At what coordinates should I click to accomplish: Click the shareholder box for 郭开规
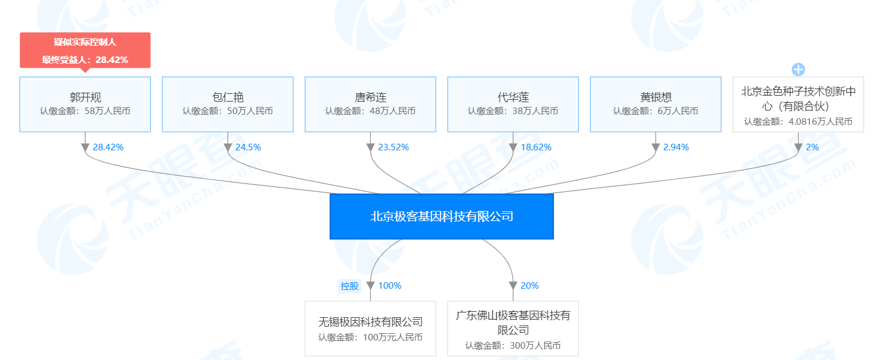[x=85, y=105]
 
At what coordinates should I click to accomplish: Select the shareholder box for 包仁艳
[x=228, y=105]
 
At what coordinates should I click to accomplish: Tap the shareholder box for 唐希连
[x=370, y=105]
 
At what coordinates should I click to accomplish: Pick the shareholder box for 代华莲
[x=513, y=105]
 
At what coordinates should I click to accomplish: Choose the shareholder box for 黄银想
[x=656, y=105]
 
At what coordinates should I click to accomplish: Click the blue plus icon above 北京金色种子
[x=798, y=70]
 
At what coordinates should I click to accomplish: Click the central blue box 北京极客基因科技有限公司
[x=442, y=216]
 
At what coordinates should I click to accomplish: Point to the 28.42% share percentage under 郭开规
[x=108, y=147]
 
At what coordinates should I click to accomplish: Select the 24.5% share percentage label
[x=248, y=147]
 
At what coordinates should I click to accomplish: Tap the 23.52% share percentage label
[x=393, y=147]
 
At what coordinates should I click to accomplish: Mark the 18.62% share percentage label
[x=536, y=147]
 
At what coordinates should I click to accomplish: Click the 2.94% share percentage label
[x=676, y=147]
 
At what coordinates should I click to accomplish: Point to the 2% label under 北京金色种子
[x=812, y=147]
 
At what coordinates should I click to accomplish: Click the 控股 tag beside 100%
[x=349, y=286]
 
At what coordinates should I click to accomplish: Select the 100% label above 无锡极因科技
[x=390, y=286]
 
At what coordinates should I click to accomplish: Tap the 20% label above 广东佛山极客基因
[x=530, y=286]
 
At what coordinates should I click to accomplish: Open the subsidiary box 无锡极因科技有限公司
[x=370, y=329]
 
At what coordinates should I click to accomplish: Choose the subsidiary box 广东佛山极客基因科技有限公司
[x=513, y=329]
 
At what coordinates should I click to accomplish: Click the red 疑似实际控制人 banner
[x=85, y=50]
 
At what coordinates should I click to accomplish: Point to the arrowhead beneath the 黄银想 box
[x=656, y=147]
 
